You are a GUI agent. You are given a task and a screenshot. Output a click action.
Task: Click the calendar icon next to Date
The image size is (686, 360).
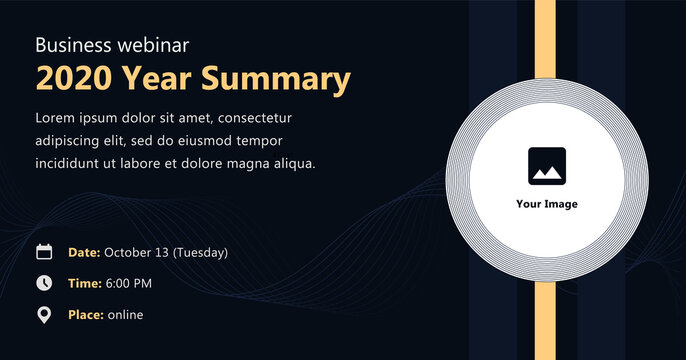(x=44, y=252)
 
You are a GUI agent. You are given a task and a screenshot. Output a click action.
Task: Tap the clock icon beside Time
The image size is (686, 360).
(x=44, y=283)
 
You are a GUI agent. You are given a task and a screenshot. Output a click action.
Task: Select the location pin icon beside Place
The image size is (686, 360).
(x=44, y=315)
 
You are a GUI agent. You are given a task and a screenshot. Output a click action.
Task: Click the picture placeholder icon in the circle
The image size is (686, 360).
(x=546, y=166)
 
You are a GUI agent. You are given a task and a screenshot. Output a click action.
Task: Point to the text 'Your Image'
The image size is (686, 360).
(x=546, y=204)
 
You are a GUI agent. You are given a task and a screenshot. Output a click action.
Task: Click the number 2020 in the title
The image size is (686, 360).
(x=73, y=78)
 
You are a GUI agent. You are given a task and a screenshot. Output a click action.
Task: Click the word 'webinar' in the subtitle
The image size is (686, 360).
(x=156, y=45)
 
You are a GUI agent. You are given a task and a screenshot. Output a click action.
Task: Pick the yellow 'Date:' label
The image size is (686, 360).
(x=84, y=252)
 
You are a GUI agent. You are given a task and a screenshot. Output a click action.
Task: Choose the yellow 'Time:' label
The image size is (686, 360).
(x=84, y=284)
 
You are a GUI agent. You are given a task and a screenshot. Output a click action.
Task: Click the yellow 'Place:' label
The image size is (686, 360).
(x=86, y=315)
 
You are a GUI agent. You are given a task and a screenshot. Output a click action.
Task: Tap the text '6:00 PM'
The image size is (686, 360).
(x=128, y=284)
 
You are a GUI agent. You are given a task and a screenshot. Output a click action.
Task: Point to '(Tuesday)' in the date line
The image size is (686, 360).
(x=200, y=252)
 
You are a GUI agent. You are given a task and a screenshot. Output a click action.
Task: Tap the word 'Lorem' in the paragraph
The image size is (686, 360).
(x=56, y=118)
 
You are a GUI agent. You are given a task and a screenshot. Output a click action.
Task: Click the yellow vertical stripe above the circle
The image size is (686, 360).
(x=545, y=45)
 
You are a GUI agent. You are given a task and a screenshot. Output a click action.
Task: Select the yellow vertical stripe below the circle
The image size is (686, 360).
(x=545, y=320)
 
